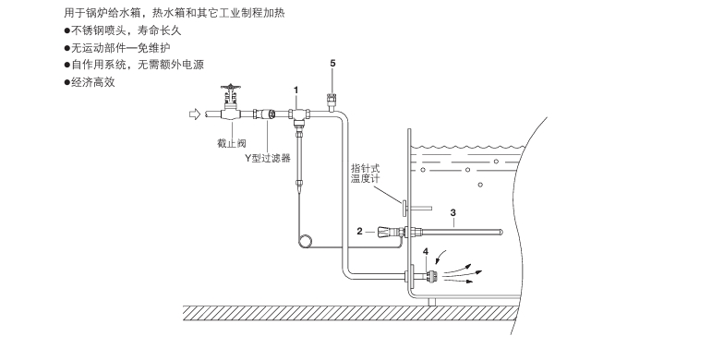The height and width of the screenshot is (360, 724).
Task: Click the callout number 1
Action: point(296,89)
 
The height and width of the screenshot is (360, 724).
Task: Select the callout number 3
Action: point(452,212)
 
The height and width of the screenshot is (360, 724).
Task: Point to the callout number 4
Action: point(426,251)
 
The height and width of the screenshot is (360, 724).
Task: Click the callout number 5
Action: point(332,64)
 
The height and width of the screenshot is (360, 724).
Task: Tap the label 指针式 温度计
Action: point(365,175)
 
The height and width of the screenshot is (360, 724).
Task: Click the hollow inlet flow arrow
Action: point(193,114)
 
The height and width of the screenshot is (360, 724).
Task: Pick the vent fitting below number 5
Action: point(332,94)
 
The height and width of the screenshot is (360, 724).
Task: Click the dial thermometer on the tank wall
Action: point(404,201)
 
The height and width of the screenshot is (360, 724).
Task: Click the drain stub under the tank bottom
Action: point(431,301)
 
